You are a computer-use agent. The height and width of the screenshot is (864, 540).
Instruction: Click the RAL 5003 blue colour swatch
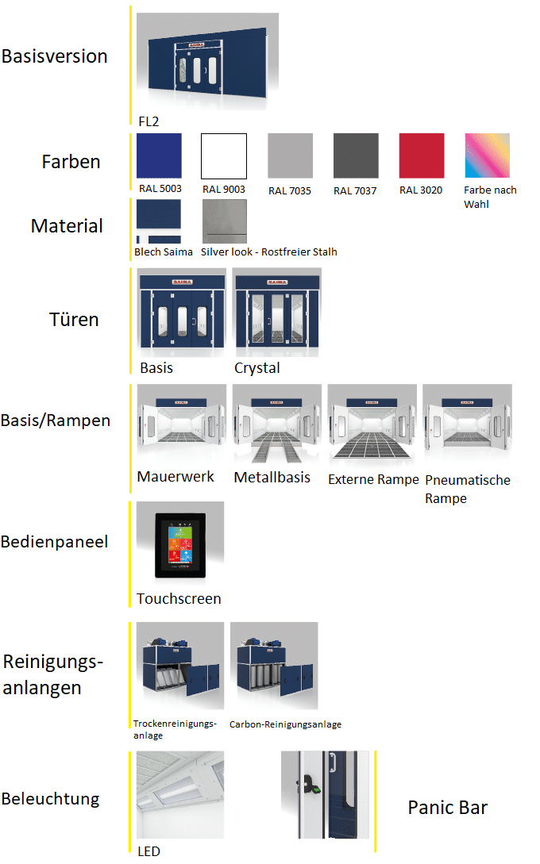click(159, 156)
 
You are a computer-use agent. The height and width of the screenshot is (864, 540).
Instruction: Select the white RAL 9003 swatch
click(224, 156)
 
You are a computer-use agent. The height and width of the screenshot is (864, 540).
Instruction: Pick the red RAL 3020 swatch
click(421, 156)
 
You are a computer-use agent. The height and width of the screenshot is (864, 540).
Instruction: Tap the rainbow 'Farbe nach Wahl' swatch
click(487, 156)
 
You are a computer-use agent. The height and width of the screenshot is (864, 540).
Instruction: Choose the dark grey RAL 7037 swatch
click(355, 156)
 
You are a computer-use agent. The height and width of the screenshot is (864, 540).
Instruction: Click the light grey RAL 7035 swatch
click(290, 156)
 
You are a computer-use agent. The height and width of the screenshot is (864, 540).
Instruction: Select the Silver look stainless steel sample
click(225, 221)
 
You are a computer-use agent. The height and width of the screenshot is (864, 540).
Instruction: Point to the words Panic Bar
click(447, 808)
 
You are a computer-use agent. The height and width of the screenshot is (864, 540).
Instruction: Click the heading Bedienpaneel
click(55, 542)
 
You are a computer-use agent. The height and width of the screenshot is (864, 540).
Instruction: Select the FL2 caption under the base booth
click(148, 121)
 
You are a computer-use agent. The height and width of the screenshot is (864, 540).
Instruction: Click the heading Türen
click(74, 320)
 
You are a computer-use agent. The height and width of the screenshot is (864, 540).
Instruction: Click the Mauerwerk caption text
click(175, 477)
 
